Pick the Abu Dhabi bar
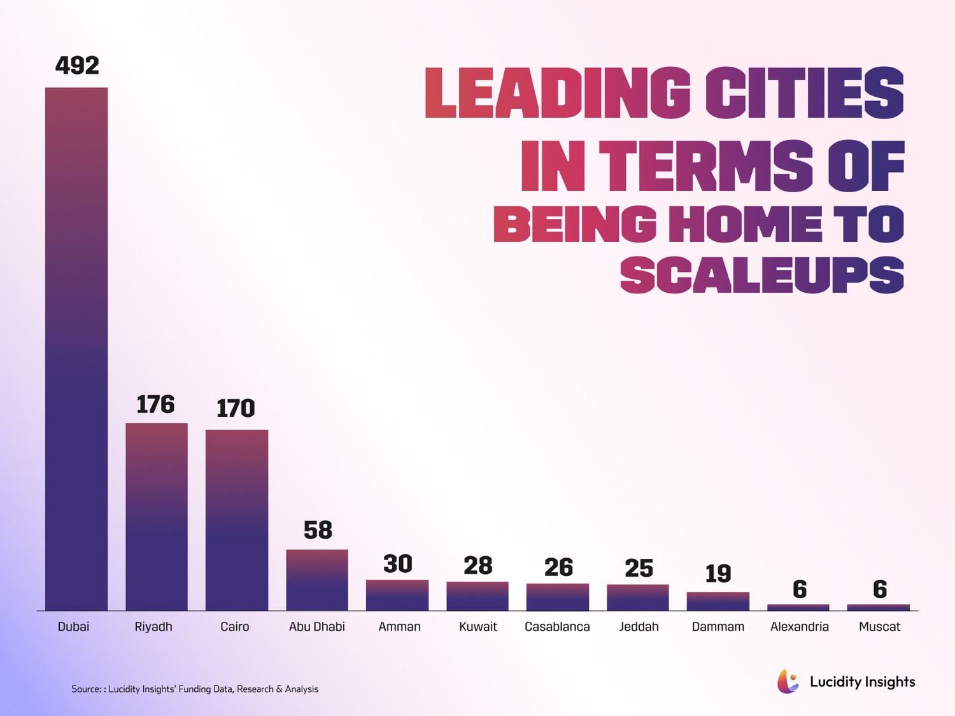click(x=317, y=580)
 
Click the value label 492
click(x=77, y=66)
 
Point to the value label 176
click(x=156, y=405)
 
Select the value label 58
click(x=318, y=530)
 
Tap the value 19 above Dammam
click(x=718, y=573)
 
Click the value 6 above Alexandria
click(x=800, y=589)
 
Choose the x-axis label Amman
click(x=399, y=627)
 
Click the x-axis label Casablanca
click(x=557, y=627)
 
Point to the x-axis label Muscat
click(x=879, y=627)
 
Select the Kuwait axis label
click(x=478, y=627)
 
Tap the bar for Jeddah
click(x=638, y=598)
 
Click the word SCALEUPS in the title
click(x=762, y=275)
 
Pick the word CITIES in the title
click(x=804, y=93)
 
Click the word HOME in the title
click(x=745, y=224)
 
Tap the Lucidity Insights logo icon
click(x=788, y=682)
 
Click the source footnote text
click(x=195, y=689)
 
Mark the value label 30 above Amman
click(x=398, y=564)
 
